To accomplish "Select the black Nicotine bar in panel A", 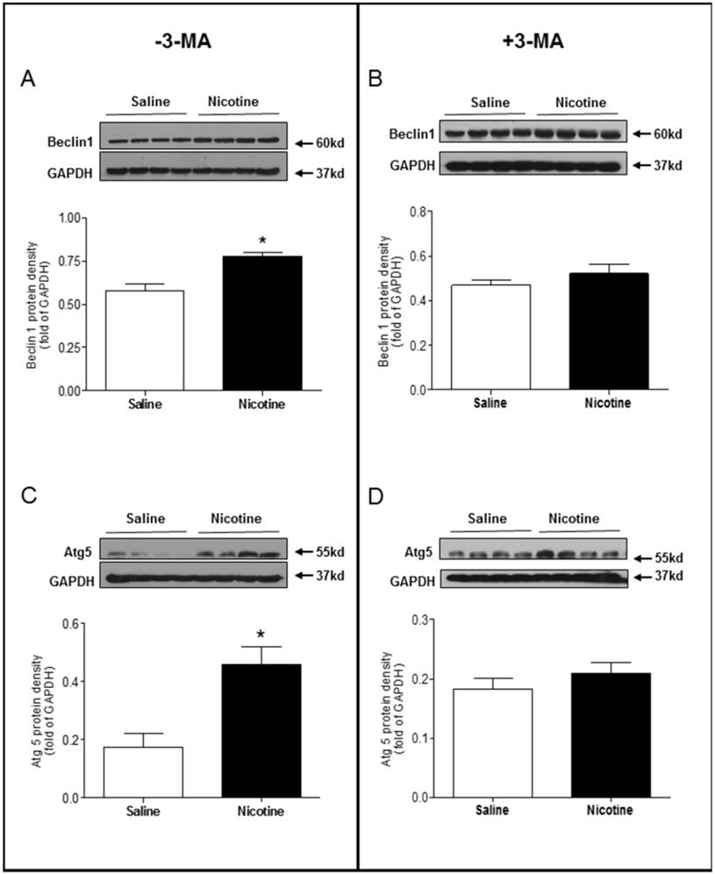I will (x=260, y=323).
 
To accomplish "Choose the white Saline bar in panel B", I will (x=490, y=337).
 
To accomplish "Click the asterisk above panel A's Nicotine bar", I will (x=261, y=240).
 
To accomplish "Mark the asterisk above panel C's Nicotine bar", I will (x=261, y=634).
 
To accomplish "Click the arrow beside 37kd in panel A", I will (x=304, y=173).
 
